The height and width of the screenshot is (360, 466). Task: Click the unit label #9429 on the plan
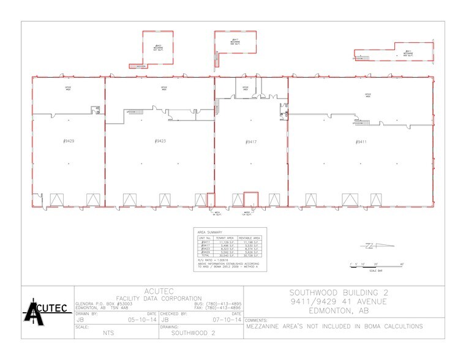click(69, 141)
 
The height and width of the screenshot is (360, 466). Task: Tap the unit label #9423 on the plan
click(160, 141)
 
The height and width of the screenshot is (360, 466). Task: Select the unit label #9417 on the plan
click(250, 141)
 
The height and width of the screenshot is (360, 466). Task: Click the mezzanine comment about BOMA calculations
click(334, 326)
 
